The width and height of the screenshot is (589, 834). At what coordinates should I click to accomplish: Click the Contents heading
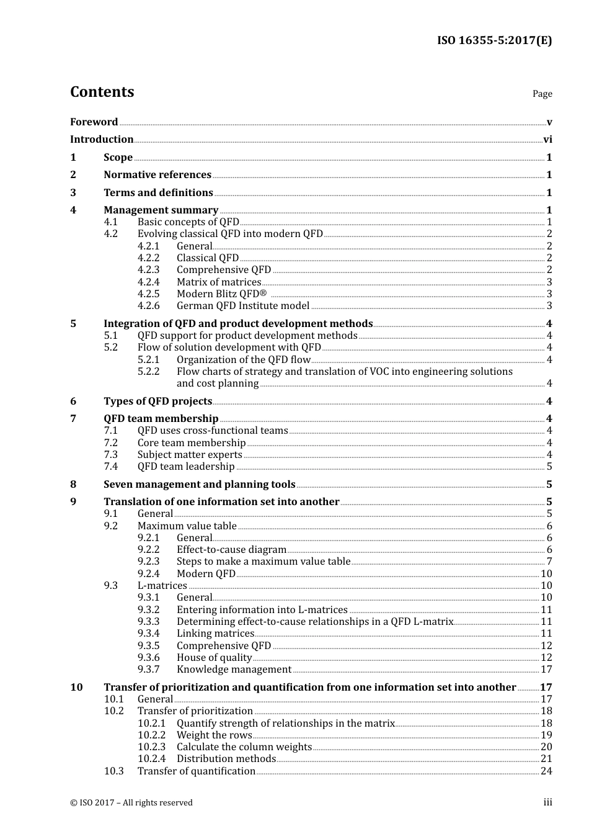tap(102, 92)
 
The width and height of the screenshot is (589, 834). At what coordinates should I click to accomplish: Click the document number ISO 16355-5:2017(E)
tap(494, 41)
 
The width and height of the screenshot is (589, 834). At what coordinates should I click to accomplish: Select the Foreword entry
tap(94, 122)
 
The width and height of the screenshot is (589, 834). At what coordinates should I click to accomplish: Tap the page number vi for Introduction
tap(547, 140)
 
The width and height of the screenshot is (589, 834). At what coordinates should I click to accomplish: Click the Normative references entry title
tap(157, 175)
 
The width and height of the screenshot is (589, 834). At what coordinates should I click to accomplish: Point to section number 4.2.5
tap(148, 294)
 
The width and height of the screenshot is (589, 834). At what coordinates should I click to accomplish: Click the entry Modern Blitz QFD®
tap(221, 294)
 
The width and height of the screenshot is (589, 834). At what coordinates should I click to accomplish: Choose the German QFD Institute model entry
tap(242, 306)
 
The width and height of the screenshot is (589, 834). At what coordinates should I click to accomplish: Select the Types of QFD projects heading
tap(157, 401)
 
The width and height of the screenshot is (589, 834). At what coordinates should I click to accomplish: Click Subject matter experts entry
tap(190, 455)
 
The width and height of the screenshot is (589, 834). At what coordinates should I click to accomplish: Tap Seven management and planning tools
tap(199, 485)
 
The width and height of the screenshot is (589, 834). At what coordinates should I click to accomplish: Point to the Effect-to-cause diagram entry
tap(231, 550)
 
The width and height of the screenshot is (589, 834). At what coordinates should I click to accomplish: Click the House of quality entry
tap(214, 658)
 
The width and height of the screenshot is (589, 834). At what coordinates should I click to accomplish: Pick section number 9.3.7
tap(148, 670)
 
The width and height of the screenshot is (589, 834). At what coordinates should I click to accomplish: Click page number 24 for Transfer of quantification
tap(546, 771)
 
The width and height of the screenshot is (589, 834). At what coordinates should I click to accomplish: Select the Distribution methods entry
tap(226, 759)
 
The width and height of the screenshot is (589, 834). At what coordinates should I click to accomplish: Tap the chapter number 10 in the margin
tap(76, 688)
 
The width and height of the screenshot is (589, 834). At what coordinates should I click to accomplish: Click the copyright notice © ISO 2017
tap(131, 803)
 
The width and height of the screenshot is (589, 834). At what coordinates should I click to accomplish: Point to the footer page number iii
tap(548, 802)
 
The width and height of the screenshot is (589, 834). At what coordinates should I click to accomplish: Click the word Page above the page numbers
tap(542, 94)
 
